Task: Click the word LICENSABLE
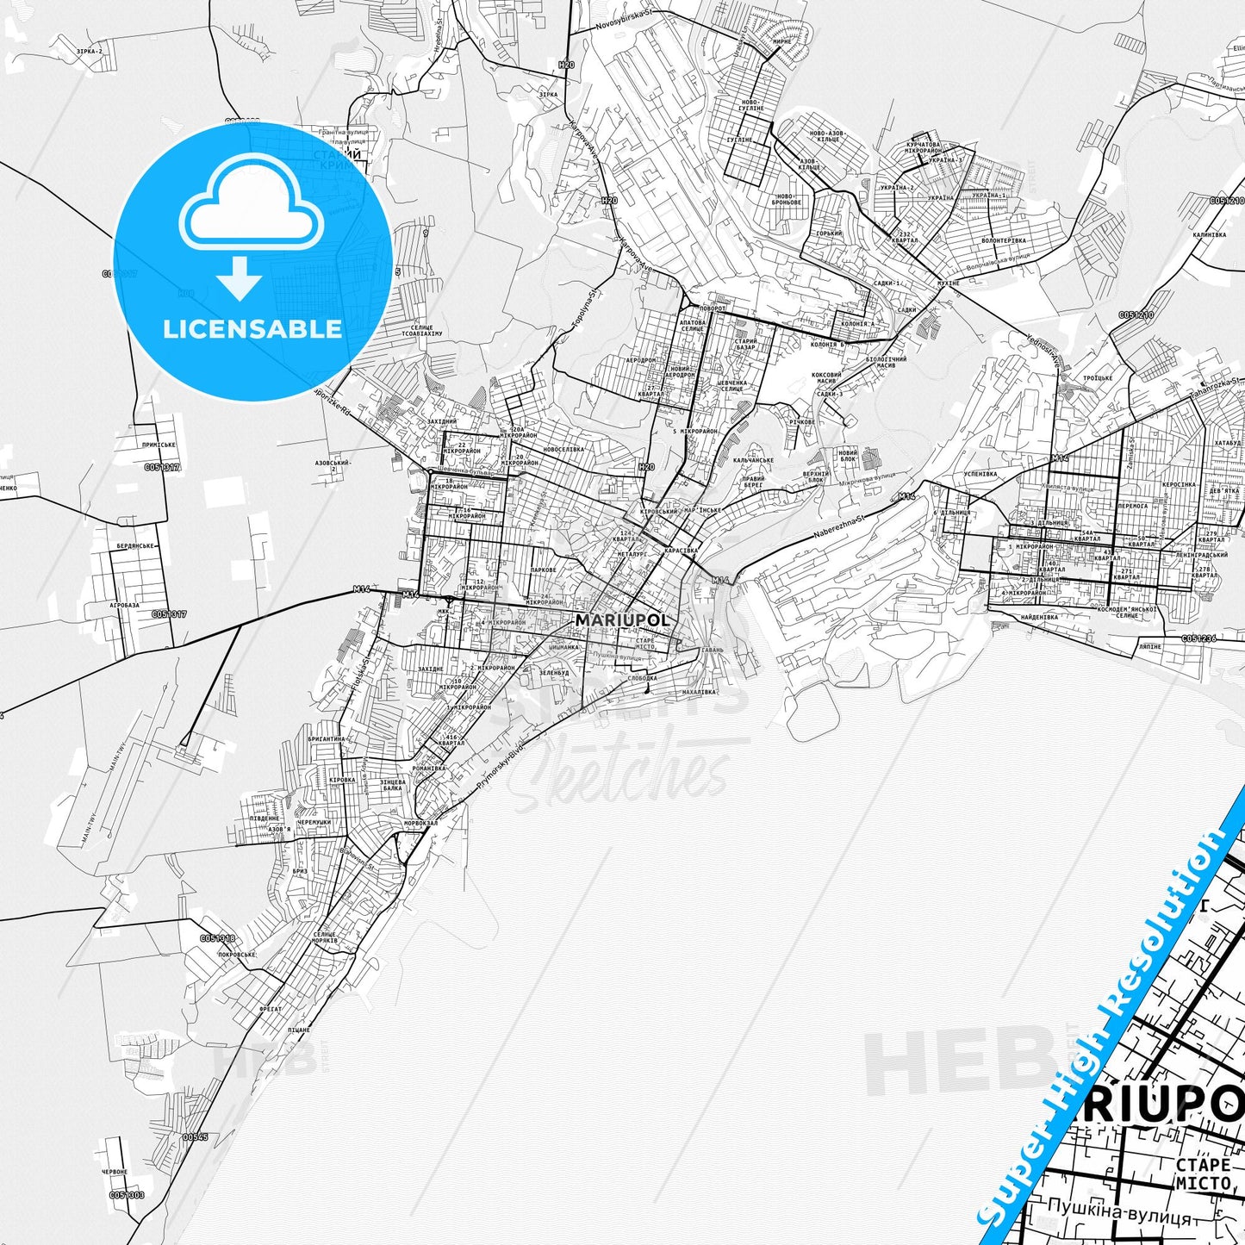tap(252, 328)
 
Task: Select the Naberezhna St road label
tap(839, 525)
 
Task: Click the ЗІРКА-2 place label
tap(89, 52)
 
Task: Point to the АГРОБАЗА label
tap(125, 605)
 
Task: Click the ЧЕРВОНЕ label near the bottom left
tap(115, 1172)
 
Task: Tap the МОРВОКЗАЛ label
tap(420, 822)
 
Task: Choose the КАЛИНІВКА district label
tap(1209, 233)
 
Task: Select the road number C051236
tap(1198, 638)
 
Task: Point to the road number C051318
tap(216, 938)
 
